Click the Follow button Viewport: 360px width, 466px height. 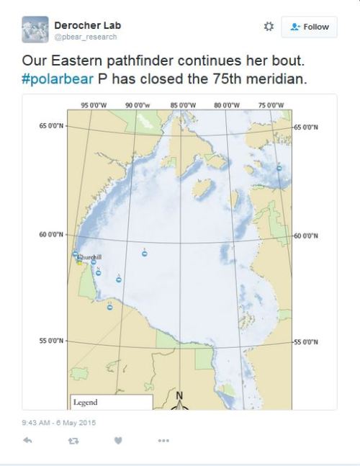[x=309, y=27]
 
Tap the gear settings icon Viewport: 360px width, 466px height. [x=269, y=27]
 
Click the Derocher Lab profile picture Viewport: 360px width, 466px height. [x=35, y=30]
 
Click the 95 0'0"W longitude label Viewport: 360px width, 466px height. [x=95, y=105]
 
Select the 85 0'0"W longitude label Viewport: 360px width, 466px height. [x=184, y=105]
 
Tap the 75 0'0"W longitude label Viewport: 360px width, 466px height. [x=271, y=105]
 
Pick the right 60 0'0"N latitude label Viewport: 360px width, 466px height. [x=307, y=236]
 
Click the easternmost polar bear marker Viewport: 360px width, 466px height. [x=279, y=168]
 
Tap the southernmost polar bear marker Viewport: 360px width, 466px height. [x=109, y=308]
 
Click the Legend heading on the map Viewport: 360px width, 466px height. [x=86, y=402]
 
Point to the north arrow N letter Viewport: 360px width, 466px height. [x=179, y=395]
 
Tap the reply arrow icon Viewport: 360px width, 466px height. [x=27, y=440]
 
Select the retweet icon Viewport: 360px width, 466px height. [x=73, y=440]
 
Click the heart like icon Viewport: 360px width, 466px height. [x=118, y=440]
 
